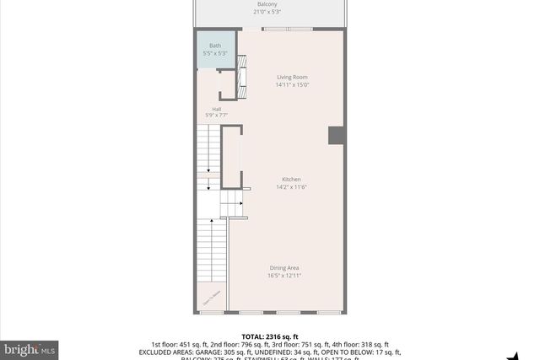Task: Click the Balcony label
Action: click(x=267, y=4)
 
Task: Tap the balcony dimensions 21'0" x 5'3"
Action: click(x=267, y=12)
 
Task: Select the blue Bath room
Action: click(x=216, y=50)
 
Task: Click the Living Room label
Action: click(x=292, y=78)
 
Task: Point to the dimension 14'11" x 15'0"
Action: click(x=292, y=84)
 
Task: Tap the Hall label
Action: click(x=217, y=108)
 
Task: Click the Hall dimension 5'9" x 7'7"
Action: click(x=217, y=115)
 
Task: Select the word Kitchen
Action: click(x=292, y=180)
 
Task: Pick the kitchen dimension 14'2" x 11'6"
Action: click(x=292, y=186)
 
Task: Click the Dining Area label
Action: click(x=284, y=268)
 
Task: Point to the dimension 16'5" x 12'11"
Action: click(x=284, y=275)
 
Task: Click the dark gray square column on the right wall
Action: click(x=337, y=135)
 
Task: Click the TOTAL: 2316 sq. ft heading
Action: click(x=270, y=336)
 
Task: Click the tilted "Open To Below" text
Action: click(x=211, y=297)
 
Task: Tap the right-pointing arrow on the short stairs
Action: click(x=240, y=203)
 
